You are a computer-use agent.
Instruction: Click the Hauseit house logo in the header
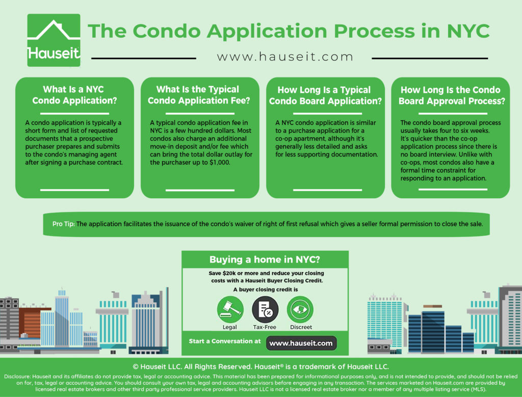coord(54,40)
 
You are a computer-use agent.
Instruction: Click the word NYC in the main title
coord(468,31)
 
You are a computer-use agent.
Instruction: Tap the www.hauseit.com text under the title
coord(284,57)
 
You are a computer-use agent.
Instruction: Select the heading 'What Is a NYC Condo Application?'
coord(74,95)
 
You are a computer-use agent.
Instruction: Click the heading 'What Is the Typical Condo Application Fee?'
coord(199,95)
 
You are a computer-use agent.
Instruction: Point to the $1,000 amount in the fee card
coord(220,163)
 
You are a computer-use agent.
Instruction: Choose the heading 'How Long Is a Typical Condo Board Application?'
coord(325,95)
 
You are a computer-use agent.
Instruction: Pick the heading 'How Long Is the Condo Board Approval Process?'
coord(452,95)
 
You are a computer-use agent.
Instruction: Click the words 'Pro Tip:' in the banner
coord(63,224)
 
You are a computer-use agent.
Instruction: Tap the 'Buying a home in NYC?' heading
coord(265,259)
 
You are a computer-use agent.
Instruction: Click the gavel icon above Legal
coord(230,309)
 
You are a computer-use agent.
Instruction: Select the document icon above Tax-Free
coord(265,309)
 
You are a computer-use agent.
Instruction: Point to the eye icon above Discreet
coord(300,309)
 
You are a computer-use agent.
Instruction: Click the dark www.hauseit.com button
coord(301,343)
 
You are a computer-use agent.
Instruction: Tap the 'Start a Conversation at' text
coord(225,341)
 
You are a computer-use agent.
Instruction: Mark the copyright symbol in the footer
coord(136,367)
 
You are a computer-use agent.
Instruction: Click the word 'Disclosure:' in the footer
coord(17,377)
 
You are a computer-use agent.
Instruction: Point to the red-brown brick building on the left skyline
coord(31,323)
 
